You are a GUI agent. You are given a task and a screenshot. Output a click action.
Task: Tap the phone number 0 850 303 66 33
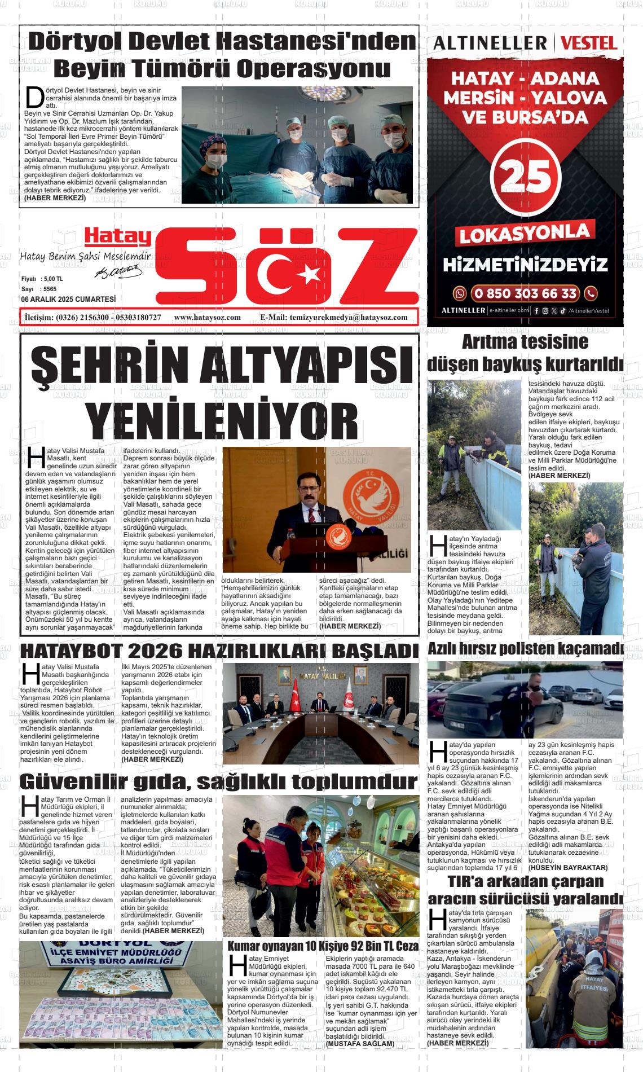[526, 293]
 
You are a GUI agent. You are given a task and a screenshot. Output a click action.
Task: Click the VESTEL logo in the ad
[589, 43]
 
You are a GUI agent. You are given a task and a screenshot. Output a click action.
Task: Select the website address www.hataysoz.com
[208, 317]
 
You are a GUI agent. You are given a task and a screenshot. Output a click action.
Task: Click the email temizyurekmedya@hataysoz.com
[348, 317]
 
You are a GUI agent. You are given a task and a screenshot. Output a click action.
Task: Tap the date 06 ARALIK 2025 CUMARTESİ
[68, 299]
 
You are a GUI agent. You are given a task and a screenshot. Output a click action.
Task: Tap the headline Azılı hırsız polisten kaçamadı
[525, 649]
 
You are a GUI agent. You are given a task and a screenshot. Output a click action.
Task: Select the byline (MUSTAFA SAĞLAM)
[360, 1044]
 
